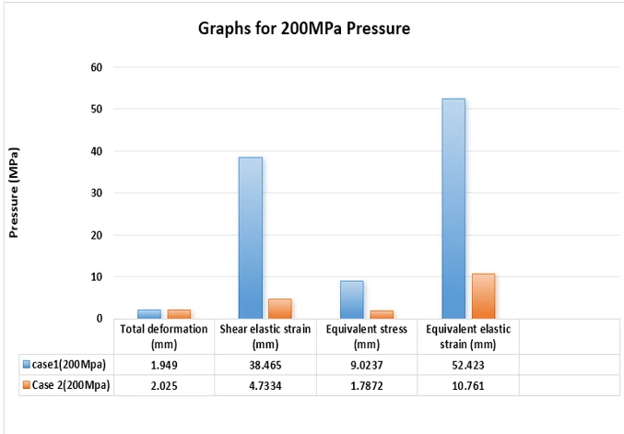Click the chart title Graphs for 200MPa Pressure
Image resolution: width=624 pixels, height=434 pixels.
point(303,29)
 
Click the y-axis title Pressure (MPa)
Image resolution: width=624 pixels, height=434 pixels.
point(14,192)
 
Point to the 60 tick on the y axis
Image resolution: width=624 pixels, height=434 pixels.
point(96,67)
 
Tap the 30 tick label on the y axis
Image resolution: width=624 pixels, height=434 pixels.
point(96,194)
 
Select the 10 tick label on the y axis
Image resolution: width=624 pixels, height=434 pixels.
point(96,277)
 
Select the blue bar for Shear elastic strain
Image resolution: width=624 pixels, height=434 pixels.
point(250,238)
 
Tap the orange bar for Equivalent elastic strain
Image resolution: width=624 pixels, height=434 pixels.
point(483,296)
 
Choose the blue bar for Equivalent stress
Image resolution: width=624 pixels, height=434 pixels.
point(351,299)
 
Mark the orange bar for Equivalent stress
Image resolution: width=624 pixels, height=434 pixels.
point(382,314)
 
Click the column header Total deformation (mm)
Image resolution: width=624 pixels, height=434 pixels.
point(164,336)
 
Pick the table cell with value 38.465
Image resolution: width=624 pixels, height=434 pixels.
point(265,364)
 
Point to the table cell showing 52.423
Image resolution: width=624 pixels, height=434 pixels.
point(468,364)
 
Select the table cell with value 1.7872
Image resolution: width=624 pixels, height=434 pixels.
point(367,385)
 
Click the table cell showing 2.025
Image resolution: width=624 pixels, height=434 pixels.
point(164,385)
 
